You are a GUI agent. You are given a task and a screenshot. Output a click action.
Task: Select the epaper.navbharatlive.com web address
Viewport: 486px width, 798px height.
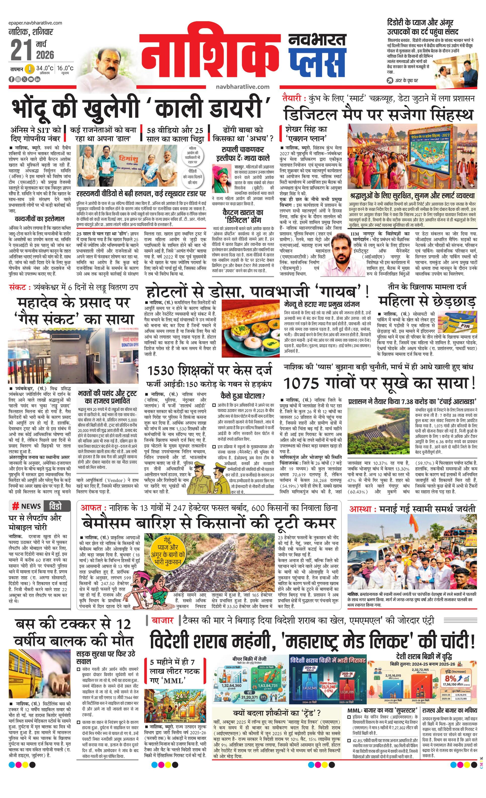(36, 23)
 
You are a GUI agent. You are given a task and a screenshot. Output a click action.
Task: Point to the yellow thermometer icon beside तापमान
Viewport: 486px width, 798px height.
(30, 69)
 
